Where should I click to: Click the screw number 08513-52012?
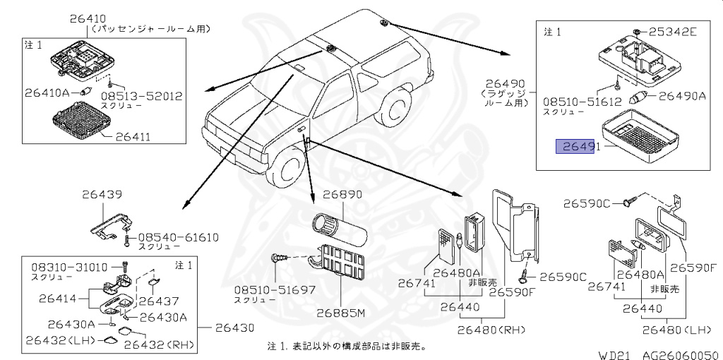point(142,95)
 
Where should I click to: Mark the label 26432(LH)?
point(57,340)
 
